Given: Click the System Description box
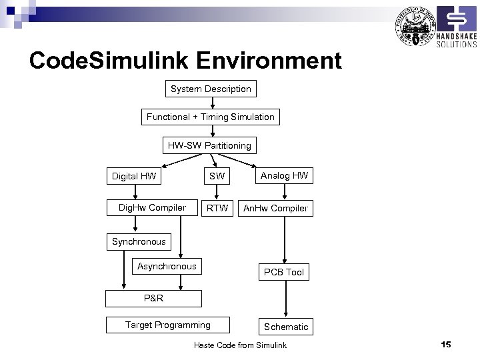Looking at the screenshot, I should (x=211, y=89).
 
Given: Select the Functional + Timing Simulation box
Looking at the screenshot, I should (x=211, y=117).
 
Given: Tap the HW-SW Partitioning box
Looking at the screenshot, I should (x=209, y=145).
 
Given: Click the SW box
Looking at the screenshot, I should (x=217, y=177).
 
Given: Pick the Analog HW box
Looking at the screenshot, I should (x=285, y=176).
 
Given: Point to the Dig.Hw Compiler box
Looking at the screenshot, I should (x=152, y=208).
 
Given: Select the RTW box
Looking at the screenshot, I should (x=217, y=208).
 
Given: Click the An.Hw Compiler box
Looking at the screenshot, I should (x=275, y=208).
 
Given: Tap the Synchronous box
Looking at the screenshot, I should (x=139, y=241).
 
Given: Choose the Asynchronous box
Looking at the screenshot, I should (x=167, y=267).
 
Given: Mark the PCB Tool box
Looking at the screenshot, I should (x=284, y=272).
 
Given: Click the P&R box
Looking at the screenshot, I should (x=153, y=298).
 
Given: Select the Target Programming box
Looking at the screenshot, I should (x=168, y=325).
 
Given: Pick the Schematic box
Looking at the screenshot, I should (x=286, y=327).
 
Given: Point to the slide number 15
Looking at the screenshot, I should (x=446, y=344).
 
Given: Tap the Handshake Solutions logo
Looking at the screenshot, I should (x=456, y=28).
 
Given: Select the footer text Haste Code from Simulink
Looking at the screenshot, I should (x=240, y=345).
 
